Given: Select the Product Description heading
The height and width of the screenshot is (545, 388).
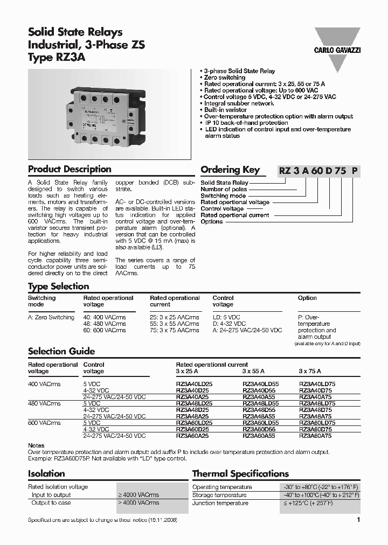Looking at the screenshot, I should click(70, 169).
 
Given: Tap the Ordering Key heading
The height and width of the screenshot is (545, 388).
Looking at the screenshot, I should click(230, 170).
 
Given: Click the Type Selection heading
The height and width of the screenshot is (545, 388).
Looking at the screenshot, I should click(58, 287).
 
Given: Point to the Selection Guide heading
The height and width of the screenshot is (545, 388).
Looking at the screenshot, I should click(61, 351).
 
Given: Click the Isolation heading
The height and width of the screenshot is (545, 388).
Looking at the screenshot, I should click(46, 474).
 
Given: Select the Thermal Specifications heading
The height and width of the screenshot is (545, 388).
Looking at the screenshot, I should click(240, 474).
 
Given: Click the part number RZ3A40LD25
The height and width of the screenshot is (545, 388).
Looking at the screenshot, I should click(194, 384).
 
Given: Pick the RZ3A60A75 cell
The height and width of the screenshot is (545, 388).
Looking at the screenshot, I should click(315, 436).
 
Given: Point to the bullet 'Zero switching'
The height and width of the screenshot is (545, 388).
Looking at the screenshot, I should click(225, 78).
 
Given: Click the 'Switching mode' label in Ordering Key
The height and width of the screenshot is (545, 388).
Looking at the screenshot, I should click(223, 196).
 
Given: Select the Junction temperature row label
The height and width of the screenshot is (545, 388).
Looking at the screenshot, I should click(220, 503).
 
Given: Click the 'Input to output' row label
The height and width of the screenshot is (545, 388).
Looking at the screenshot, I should click(51, 495).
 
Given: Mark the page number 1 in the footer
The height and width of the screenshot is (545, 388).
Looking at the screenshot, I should click(358, 520).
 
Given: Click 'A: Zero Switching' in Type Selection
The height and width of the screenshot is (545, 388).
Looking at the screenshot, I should click(51, 317).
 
